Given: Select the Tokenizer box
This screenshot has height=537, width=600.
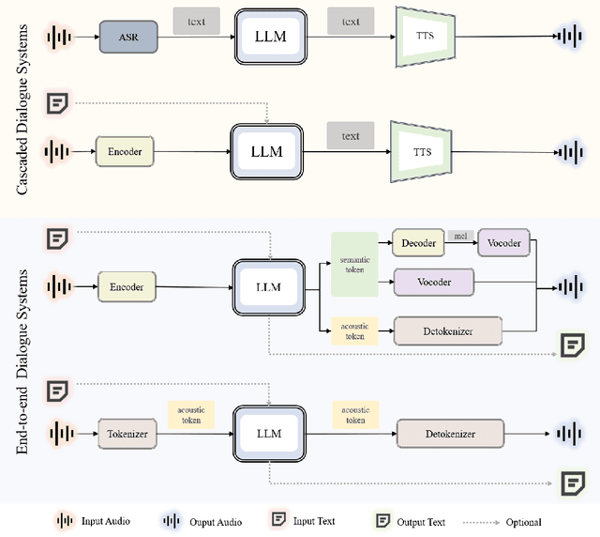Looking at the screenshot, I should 126,434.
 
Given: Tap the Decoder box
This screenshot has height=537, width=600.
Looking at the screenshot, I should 418,243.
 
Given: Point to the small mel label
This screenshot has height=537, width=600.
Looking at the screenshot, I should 460,235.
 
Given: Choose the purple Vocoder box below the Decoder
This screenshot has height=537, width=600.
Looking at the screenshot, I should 434,282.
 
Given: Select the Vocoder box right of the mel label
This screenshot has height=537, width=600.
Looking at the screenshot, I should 504,243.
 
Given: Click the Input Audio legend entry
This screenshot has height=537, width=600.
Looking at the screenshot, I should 94,521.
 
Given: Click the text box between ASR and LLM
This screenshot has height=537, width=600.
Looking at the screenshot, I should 196,19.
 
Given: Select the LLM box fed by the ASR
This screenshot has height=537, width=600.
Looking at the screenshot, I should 270,38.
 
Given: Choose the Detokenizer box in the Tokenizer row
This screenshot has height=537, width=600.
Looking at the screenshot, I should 450,434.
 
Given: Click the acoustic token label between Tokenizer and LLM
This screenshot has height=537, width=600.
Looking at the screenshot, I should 191,415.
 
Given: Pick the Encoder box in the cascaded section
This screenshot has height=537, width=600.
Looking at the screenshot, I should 125,150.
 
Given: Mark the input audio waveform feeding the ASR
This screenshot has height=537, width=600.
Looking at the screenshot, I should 59,38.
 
